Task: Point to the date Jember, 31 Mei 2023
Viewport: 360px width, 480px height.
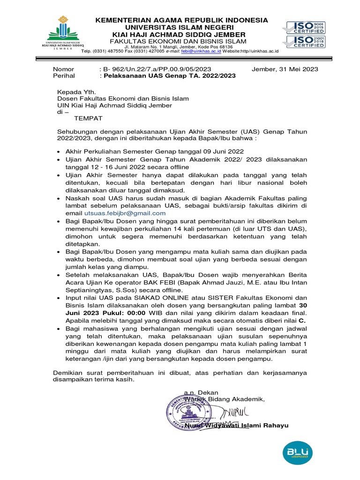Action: click(285, 69)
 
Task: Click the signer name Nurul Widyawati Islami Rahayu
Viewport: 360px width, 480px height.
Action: click(236, 425)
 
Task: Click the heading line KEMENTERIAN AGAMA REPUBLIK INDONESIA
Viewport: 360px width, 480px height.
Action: click(182, 20)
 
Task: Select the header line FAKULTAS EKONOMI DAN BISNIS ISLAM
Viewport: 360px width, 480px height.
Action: click(182, 42)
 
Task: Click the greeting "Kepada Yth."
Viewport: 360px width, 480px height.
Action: click(76, 91)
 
